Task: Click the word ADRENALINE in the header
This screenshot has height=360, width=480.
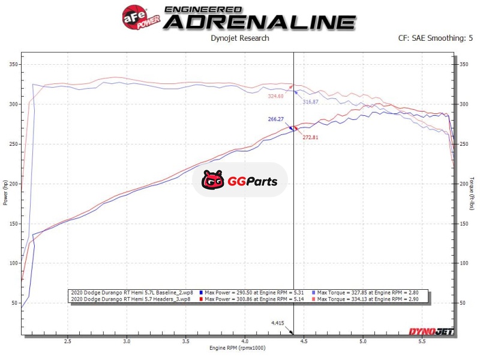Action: tap(260, 22)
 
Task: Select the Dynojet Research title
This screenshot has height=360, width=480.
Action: tap(240, 38)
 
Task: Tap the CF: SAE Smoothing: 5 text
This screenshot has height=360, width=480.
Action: tap(435, 38)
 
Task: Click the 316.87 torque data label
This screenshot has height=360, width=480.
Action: tap(311, 102)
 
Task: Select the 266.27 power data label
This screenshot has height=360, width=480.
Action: tap(276, 119)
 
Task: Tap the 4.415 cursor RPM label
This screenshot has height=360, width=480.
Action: tap(277, 323)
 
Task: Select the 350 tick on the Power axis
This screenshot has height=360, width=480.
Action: tap(12, 64)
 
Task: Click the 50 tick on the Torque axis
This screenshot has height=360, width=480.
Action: tap(463, 303)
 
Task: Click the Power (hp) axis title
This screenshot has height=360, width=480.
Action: tap(6, 192)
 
